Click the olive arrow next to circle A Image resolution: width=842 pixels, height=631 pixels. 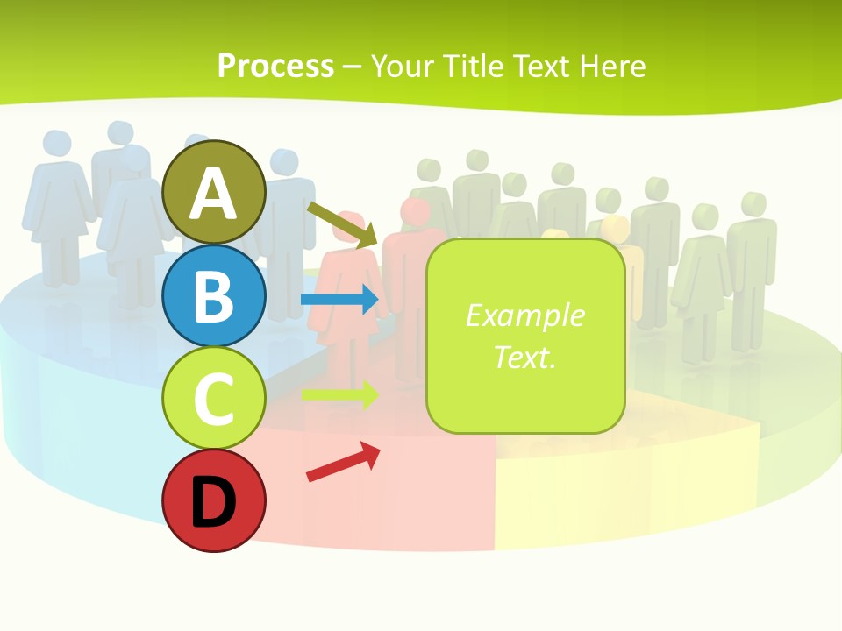343,224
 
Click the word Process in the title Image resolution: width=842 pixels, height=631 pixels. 275,66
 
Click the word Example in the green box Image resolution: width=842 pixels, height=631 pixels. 525,315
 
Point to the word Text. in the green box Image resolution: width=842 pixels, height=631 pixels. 525,358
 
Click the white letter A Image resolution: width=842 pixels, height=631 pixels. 214,194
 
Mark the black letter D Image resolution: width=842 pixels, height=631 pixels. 214,502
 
